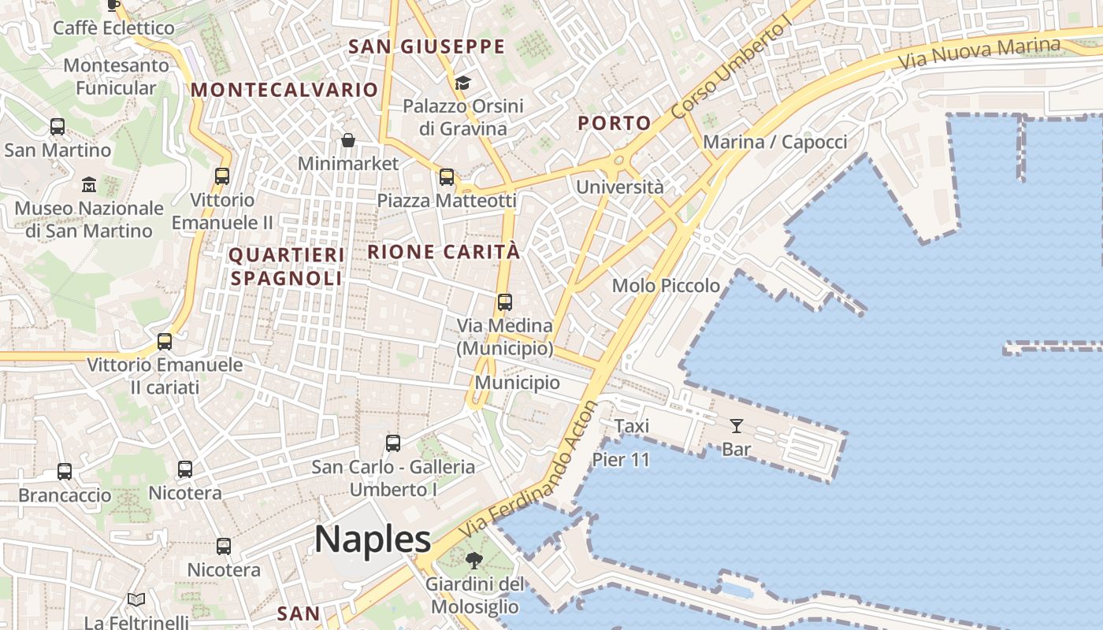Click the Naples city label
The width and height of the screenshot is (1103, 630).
373,539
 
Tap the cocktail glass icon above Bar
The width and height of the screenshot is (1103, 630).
737,426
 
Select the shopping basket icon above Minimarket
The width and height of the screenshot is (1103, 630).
348,140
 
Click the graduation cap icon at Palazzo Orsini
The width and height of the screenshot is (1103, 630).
462,83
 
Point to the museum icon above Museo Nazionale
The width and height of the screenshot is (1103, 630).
89,185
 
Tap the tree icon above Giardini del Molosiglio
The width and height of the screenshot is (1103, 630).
474,561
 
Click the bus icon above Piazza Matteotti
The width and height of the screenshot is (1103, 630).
447,177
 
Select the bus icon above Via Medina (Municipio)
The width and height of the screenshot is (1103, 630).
505,302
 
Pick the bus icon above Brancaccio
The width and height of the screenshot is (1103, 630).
65,472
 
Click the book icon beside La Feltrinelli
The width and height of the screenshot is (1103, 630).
136,600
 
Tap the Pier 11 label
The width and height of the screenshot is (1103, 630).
621,460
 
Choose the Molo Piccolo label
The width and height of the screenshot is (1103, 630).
666,285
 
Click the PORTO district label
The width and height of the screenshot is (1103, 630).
615,123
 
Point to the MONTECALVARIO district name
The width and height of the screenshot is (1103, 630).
284,90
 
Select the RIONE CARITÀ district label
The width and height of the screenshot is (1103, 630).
444,252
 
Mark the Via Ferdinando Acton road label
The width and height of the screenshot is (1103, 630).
529,472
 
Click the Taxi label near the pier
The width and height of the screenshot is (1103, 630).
632,426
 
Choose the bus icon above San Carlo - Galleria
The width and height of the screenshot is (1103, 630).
393,443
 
